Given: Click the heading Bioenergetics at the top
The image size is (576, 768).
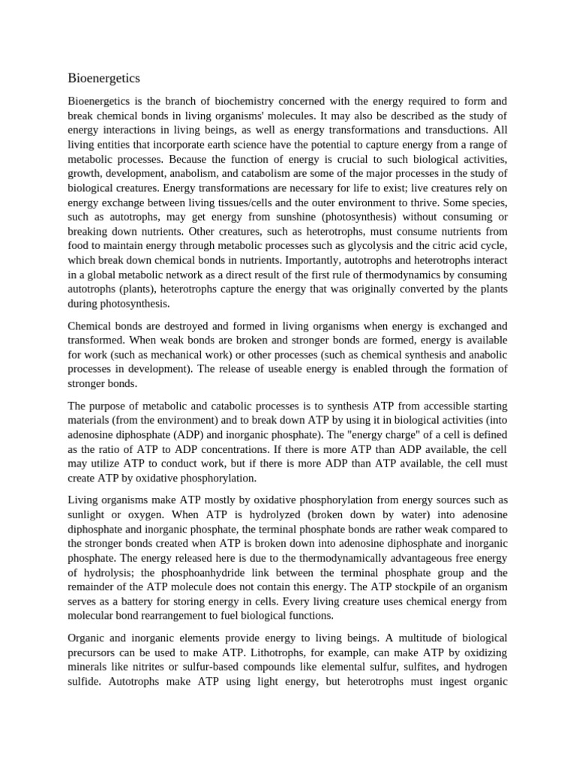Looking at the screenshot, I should (103, 78).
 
